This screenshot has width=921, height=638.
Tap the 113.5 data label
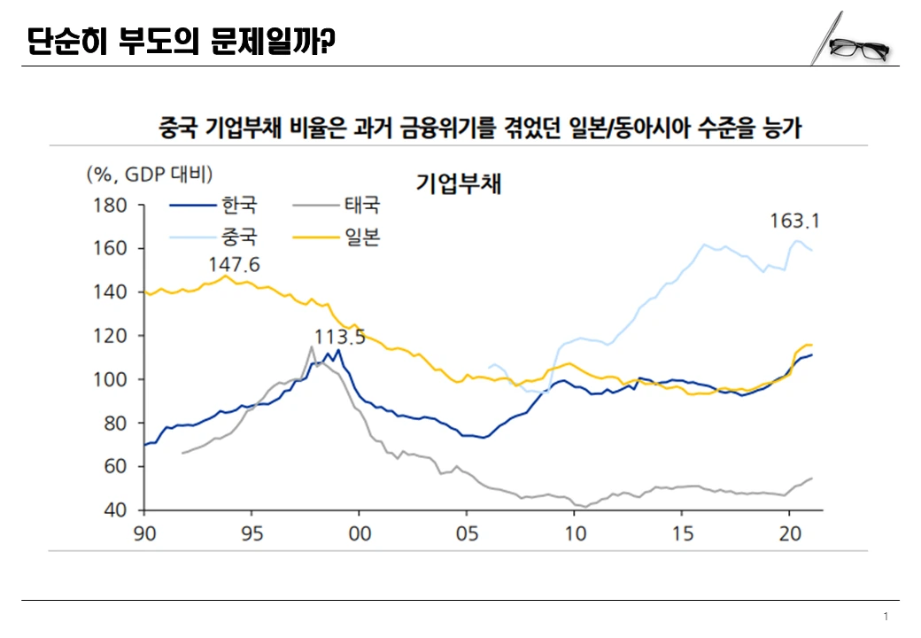[x=340, y=337]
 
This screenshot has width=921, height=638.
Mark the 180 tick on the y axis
[x=113, y=206]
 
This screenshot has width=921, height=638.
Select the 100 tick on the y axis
[x=113, y=379]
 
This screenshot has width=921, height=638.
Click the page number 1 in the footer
[x=886, y=617]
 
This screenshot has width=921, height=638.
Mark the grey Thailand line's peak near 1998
[x=312, y=346]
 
